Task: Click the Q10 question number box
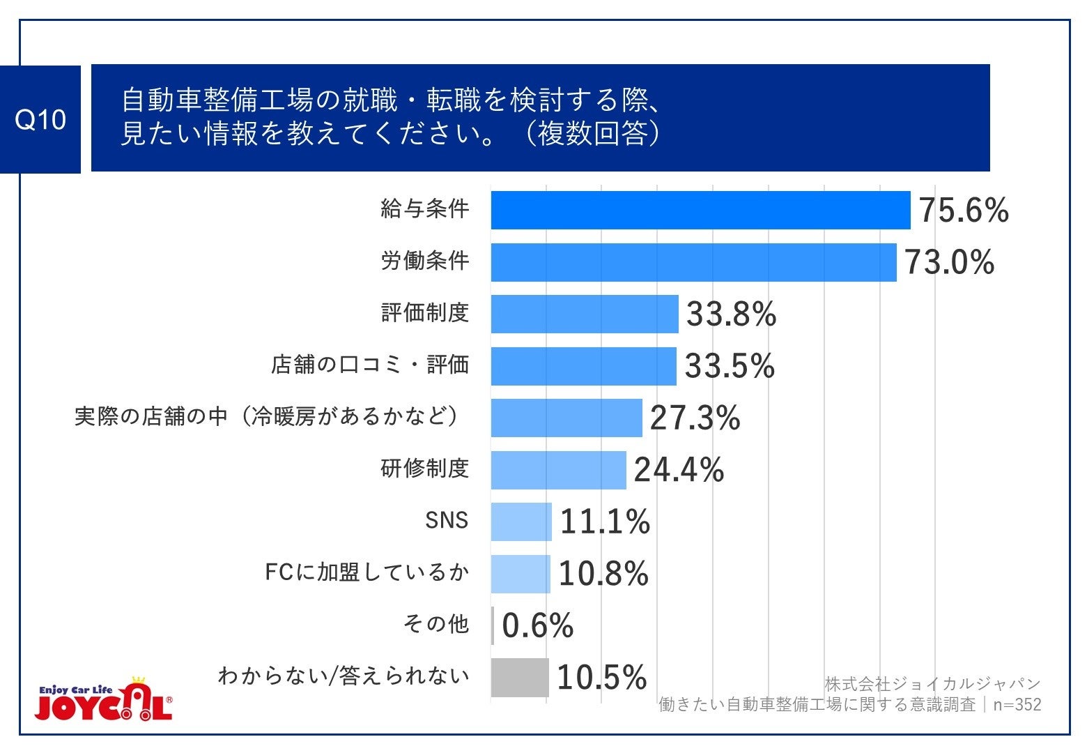pyautogui.click(x=40, y=119)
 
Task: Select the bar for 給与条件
pyautogui.click(x=700, y=210)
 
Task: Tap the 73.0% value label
pyautogui.click(x=949, y=262)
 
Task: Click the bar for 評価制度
pyautogui.click(x=584, y=314)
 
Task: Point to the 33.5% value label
pyautogui.click(x=729, y=366)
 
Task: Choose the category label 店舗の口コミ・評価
pyautogui.click(x=369, y=365)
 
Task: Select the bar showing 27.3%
pyautogui.click(x=566, y=418)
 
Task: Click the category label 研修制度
pyautogui.click(x=424, y=469)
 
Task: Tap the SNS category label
pyautogui.click(x=446, y=520)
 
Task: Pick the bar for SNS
pyautogui.click(x=521, y=522)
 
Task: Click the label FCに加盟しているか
pyautogui.click(x=367, y=572)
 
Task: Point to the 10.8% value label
pyautogui.click(x=603, y=574)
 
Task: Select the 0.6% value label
pyautogui.click(x=537, y=625)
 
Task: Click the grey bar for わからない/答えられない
pyautogui.click(x=519, y=677)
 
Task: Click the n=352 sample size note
pyautogui.click(x=1017, y=705)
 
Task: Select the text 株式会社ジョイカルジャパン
pyautogui.click(x=932, y=683)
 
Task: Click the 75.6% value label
pyautogui.click(x=963, y=210)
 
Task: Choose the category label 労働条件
pyautogui.click(x=424, y=261)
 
